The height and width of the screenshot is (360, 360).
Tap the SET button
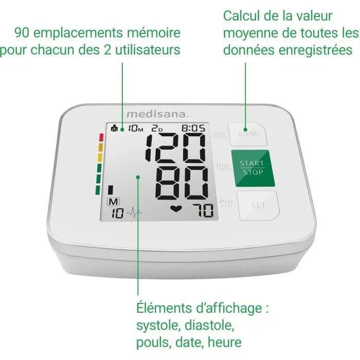pos(258,205)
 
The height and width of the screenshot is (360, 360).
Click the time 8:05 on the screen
pos(194,129)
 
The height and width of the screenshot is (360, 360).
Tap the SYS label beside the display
pos(219,136)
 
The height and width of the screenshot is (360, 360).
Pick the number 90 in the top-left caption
pos(22,33)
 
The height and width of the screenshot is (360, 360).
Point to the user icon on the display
pos(114,129)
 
